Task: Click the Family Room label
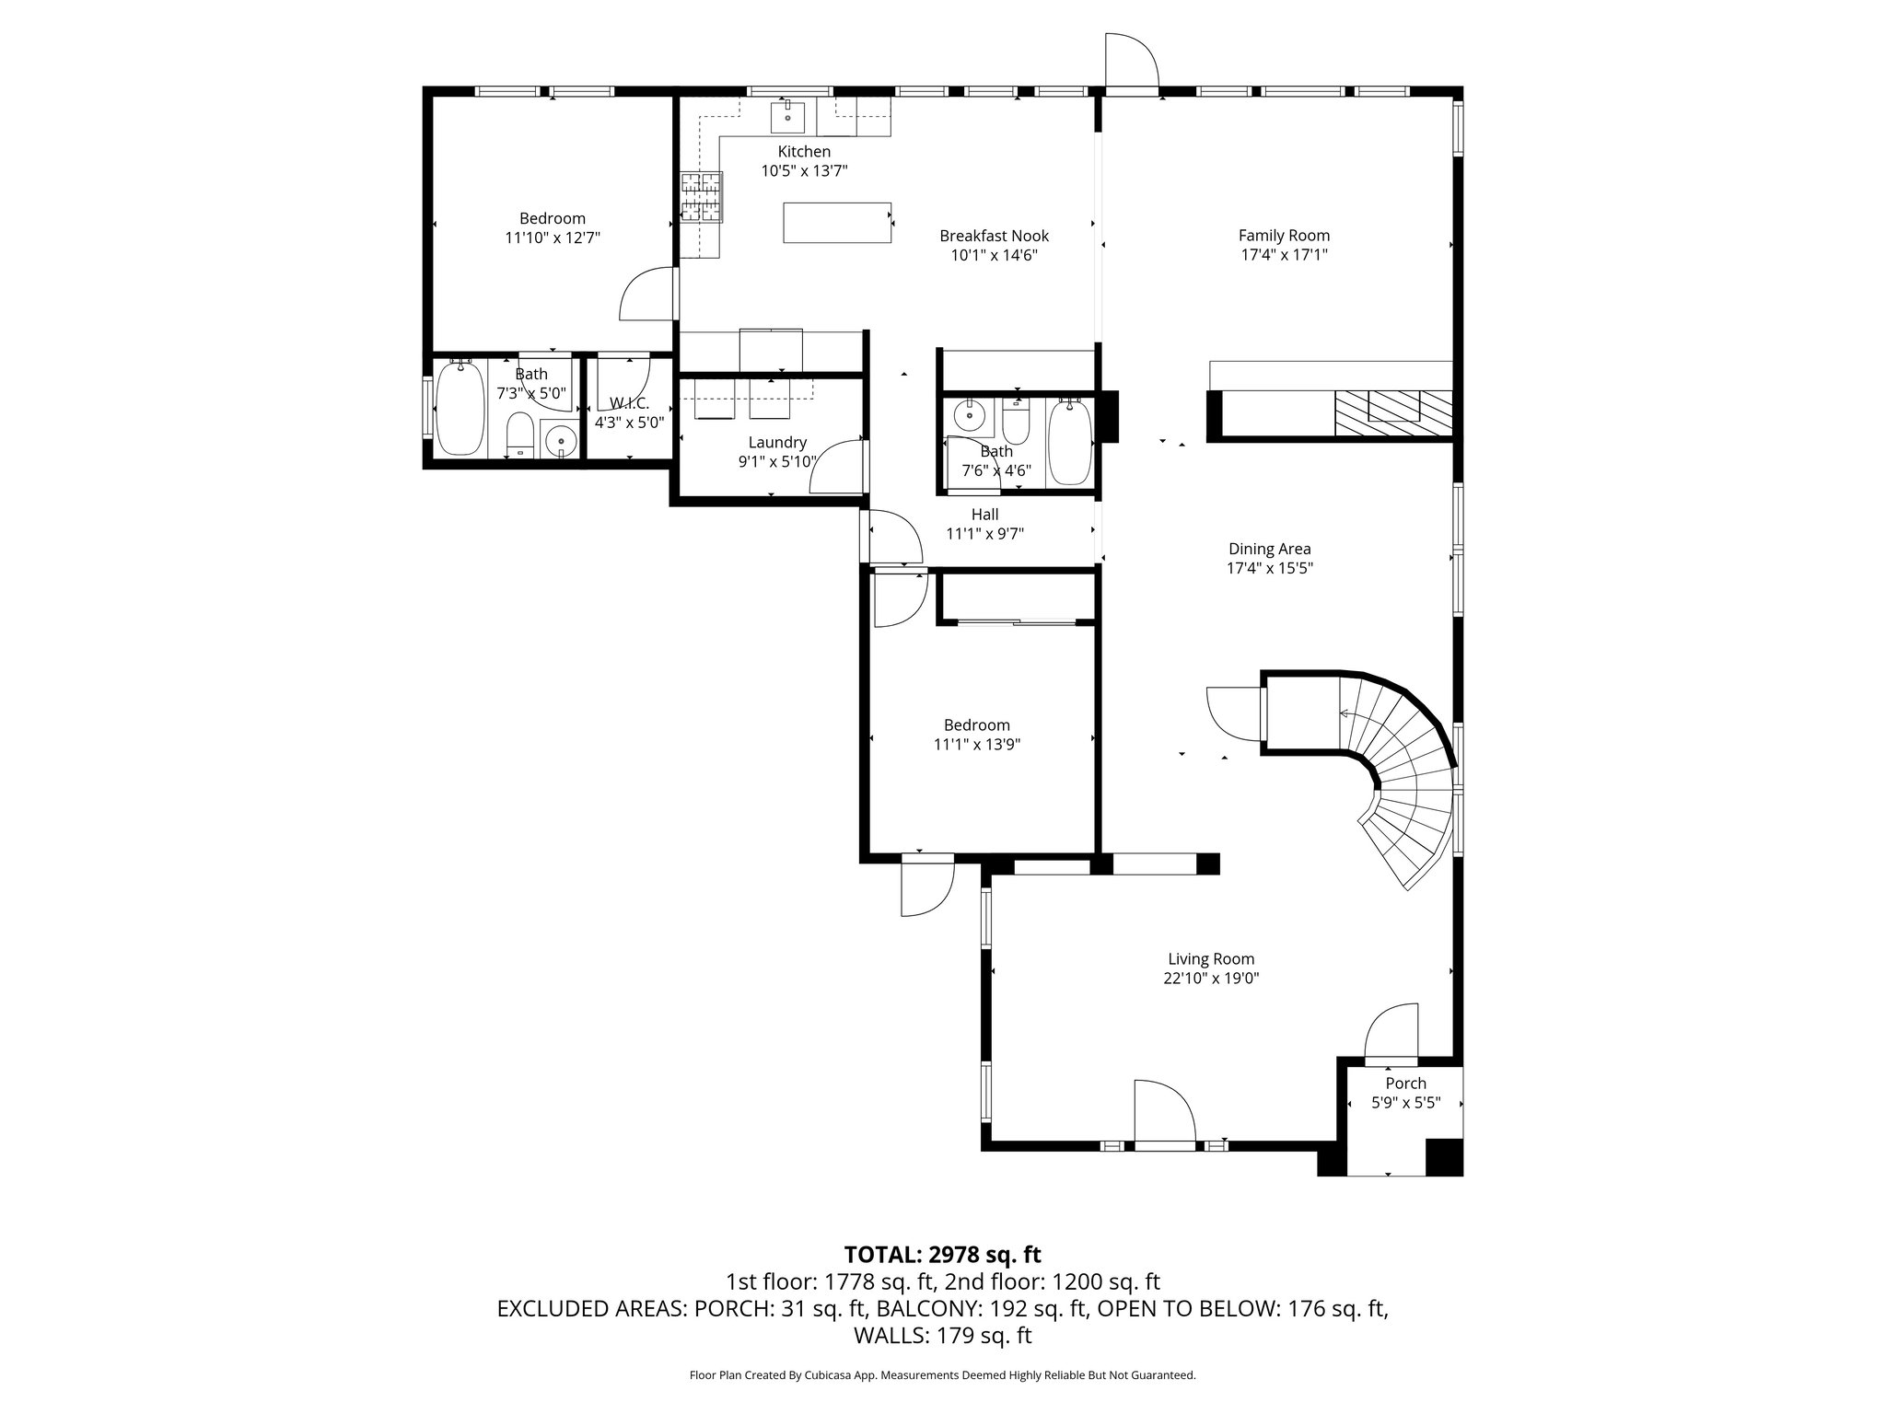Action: [x=1284, y=236]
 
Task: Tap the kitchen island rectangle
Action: [x=837, y=223]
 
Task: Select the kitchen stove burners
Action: [x=702, y=198]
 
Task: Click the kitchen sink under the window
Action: [x=787, y=118]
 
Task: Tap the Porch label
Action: [x=1405, y=1084]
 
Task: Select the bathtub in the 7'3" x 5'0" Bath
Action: [x=459, y=409]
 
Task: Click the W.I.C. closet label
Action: [x=629, y=404]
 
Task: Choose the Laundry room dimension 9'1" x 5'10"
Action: [x=777, y=462]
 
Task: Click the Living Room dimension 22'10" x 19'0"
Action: [x=1211, y=979]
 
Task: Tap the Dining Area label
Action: [x=1269, y=549]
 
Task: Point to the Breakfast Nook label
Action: [x=994, y=236]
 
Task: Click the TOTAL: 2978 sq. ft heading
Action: [x=942, y=1254]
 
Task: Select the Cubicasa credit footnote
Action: [x=942, y=1375]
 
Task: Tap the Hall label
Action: [x=984, y=515]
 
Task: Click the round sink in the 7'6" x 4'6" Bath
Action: [x=968, y=417]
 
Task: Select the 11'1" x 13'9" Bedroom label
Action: [x=976, y=725]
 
